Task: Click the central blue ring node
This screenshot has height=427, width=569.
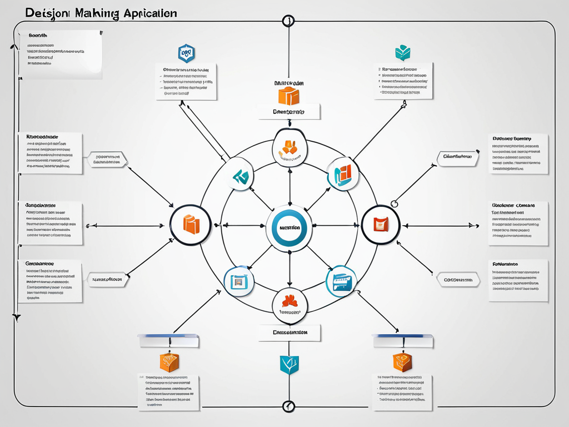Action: pos(289,226)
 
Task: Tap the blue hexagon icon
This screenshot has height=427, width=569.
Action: pos(186,53)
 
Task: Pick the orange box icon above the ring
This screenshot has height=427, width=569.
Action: pos(288,96)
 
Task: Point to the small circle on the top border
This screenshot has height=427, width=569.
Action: pos(288,22)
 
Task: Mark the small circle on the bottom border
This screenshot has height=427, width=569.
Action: pos(288,406)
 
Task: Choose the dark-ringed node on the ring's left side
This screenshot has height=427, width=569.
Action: pos(191,225)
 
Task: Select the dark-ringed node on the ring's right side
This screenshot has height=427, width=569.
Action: pos(381,225)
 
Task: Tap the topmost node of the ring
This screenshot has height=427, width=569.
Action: pos(290,148)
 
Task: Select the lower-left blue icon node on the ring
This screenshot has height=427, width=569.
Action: pos(239,281)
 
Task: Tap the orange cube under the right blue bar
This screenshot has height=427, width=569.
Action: pos(402,361)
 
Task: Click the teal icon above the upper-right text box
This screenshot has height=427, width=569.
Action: pos(402,53)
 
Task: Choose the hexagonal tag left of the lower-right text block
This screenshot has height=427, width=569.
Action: pos(458,280)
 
